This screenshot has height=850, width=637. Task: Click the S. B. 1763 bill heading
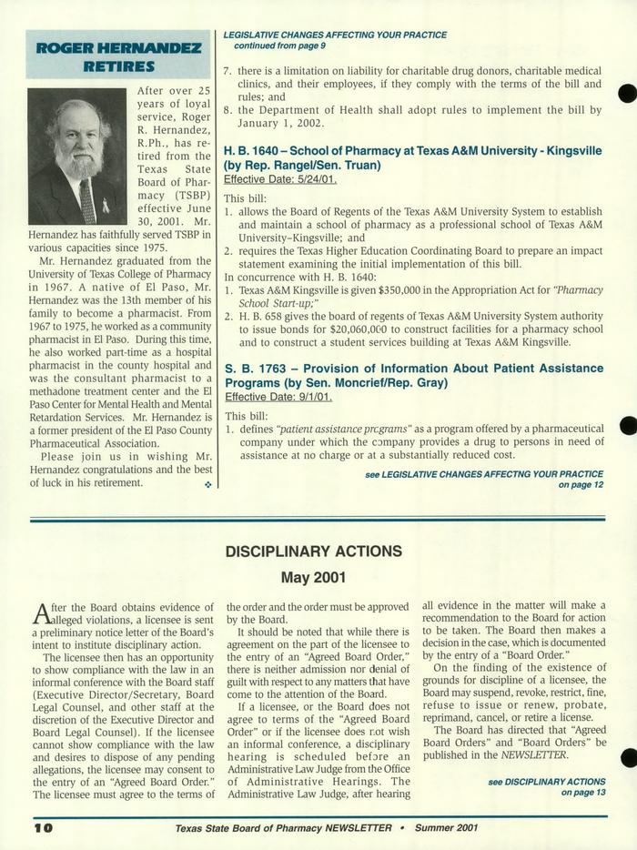(413, 375)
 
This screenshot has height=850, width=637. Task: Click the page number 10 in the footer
(44, 827)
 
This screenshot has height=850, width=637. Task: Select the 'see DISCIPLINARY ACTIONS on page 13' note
(547, 787)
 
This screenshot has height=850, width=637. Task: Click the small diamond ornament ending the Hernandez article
(207, 484)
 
